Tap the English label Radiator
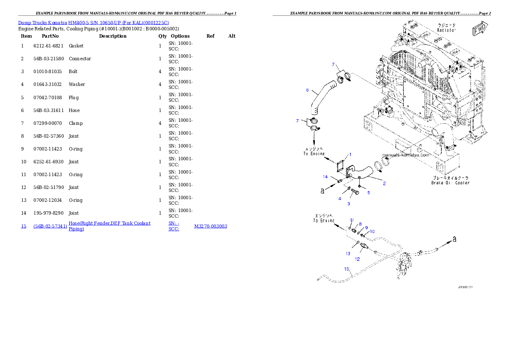(446, 30)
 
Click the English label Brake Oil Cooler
(450, 183)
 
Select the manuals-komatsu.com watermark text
(405, 155)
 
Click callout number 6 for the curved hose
(307, 90)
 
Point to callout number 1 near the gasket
(350, 154)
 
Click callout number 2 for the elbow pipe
(384, 183)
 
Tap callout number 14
(325, 177)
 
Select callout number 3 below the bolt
(349, 204)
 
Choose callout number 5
(368, 192)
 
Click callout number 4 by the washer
(340, 198)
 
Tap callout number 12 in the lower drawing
(357, 259)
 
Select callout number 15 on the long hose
(347, 269)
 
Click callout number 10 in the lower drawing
(372, 231)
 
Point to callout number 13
(348, 254)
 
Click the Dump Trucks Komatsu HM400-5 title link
(93, 23)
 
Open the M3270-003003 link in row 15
(210, 226)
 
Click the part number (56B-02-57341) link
(50, 226)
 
